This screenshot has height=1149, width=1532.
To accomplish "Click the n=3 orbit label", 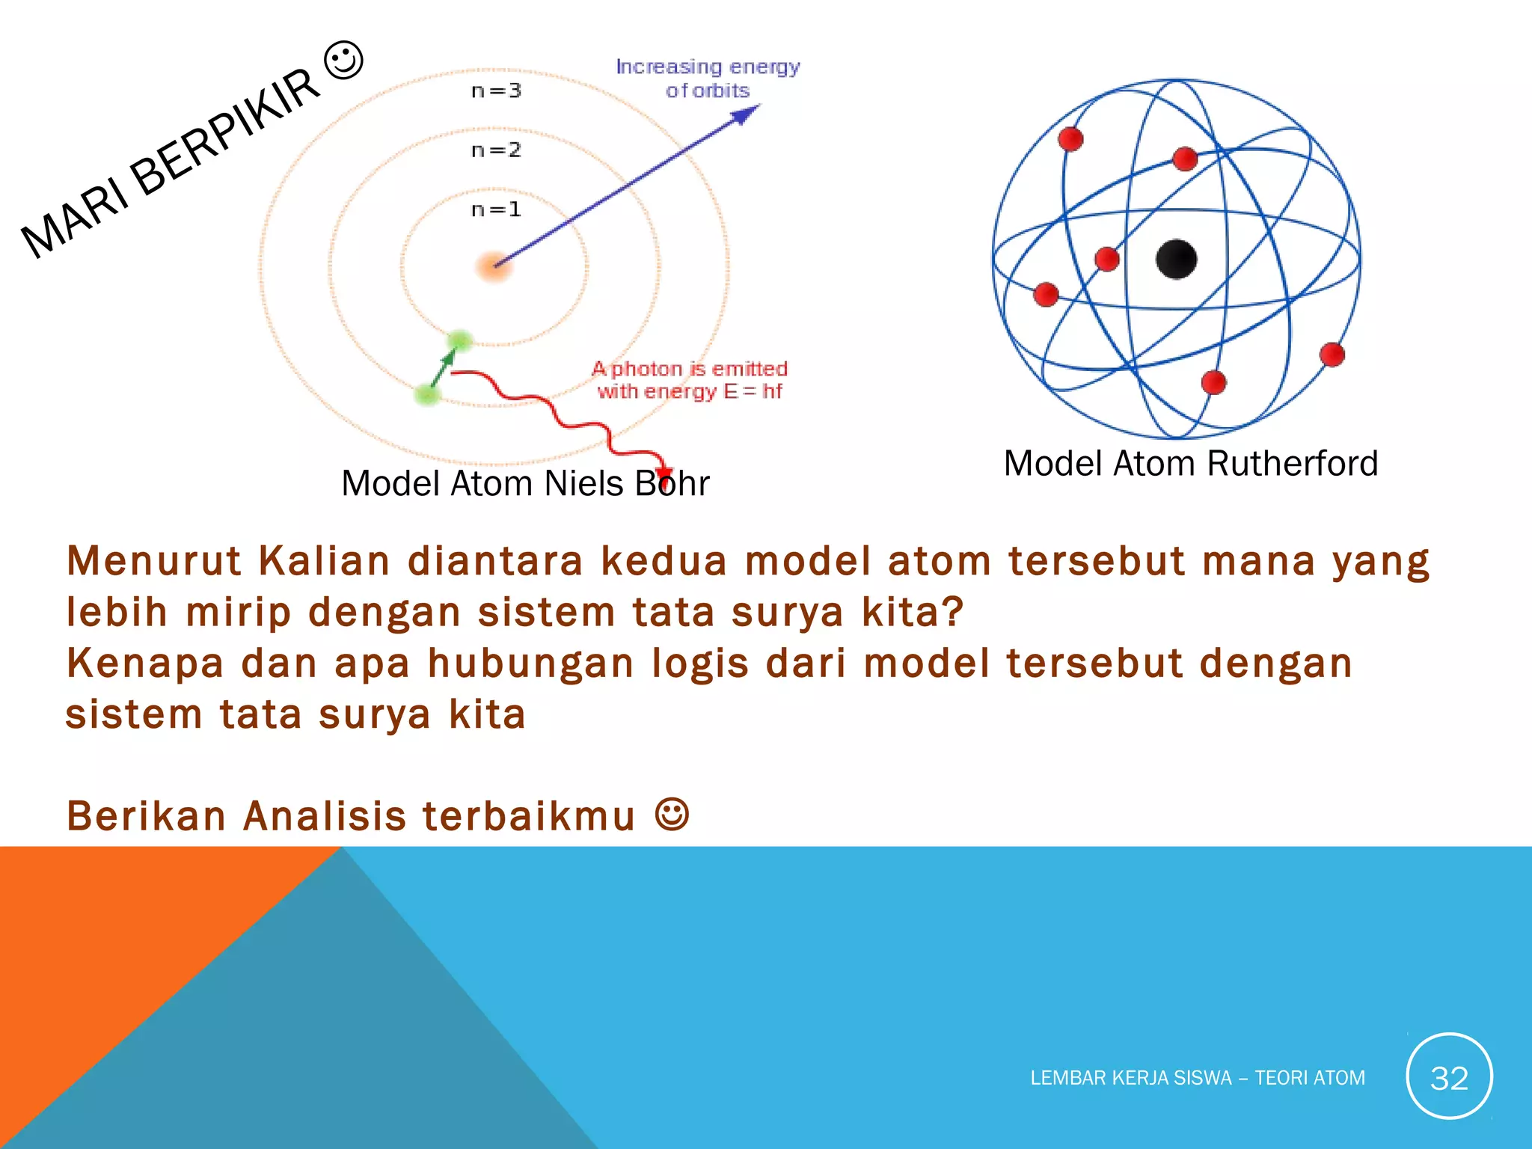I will tap(496, 91).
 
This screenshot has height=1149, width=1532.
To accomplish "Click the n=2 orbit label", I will tap(496, 150).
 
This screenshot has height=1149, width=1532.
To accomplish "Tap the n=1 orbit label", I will tap(496, 209).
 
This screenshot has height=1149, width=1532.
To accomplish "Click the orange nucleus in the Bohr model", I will tap(494, 266).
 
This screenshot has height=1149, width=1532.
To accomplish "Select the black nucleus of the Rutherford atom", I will tap(1176, 260).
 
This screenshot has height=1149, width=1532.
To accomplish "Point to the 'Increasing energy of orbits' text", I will tap(708, 79).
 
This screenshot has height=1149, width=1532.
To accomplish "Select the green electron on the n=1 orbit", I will tap(459, 342).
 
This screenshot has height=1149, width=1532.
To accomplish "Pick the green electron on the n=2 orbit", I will tap(428, 394).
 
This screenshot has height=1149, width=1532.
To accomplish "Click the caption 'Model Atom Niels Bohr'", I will tap(525, 483).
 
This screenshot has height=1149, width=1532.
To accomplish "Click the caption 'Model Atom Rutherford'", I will tap(1191, 463).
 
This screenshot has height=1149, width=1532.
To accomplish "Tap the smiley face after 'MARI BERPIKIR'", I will tap(344, 61).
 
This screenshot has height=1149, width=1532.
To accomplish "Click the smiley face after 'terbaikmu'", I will tap(672, 814).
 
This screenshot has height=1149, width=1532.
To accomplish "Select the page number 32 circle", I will tap(1449, 1076).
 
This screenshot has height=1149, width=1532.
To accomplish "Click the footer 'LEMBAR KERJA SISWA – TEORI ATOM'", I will tap(1198, 1078).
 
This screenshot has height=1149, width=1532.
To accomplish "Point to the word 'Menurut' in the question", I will tap(153, 561).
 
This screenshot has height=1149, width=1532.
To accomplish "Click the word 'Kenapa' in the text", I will tap(145, 664).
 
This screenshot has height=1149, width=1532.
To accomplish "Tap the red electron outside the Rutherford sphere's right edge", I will tap(1332, 354).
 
